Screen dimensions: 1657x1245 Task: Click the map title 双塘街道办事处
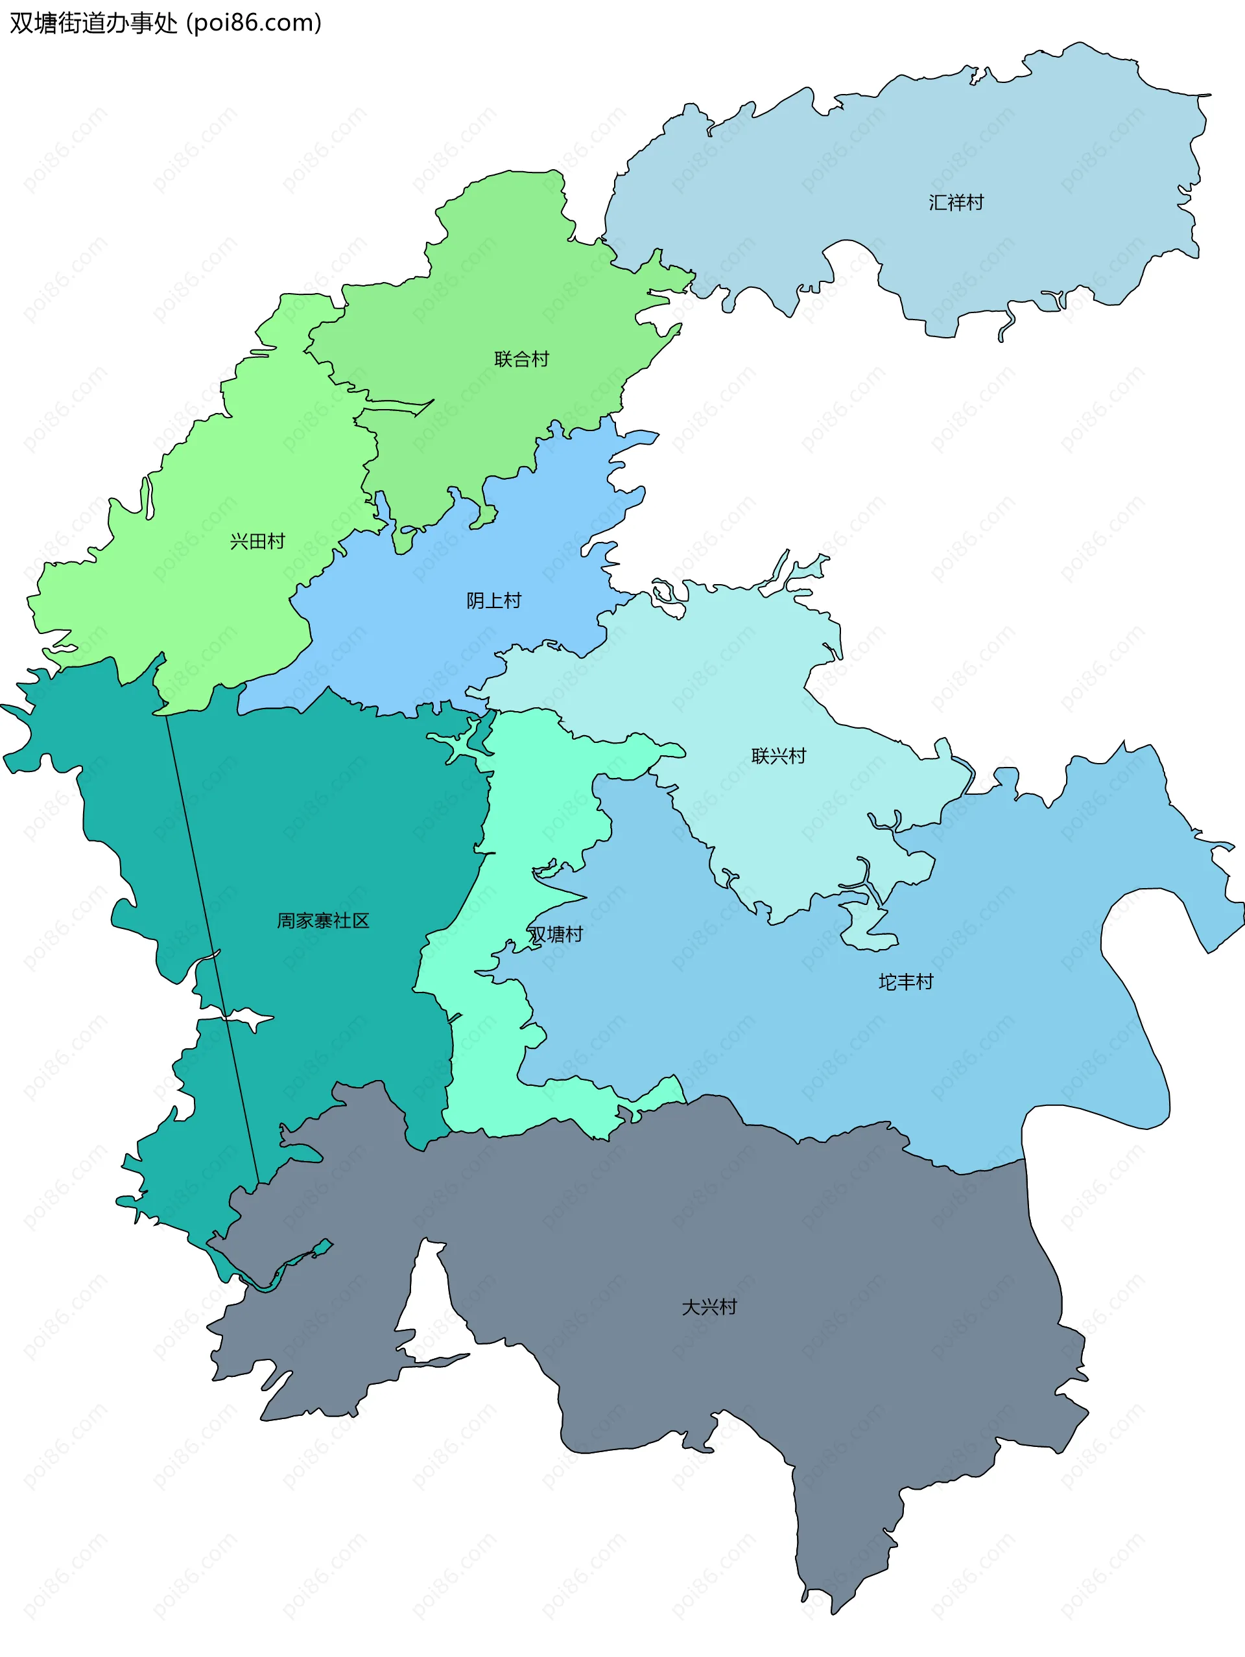pyautogui.click(x=93, y=23)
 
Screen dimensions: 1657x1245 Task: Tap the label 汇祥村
pyautogui.click(x=956, y=202)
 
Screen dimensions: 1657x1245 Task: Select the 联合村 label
pyautogui.click(x=521, y=358)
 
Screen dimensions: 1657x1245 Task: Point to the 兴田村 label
pyautogui.click(x=257, y=541)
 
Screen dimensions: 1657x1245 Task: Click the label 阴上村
pyautogui.click(x=493, y=600)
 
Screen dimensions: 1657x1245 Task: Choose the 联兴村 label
pyautogui.click(x=778, y=755)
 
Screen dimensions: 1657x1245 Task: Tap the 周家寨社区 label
pyautogui.click(x=323, y=920)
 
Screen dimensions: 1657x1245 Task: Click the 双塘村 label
pyautogui.click(x=555, y=934)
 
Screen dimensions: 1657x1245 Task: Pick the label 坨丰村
pyautogui.click(x=906, y=981)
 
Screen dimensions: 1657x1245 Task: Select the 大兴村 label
pyautogui.click(x=709, y=1306)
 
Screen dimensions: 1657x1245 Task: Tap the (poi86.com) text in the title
pyautogui.click(x=254, y=23)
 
